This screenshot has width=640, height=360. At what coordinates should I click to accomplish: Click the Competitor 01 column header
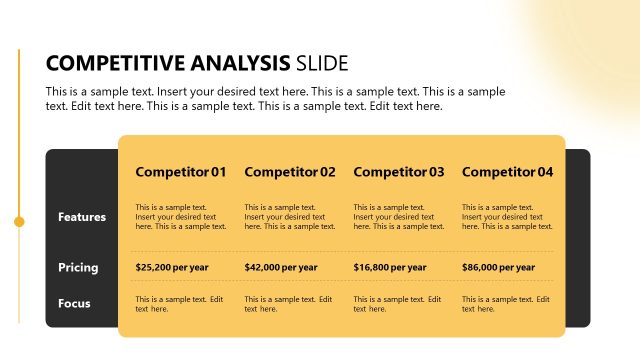click(x=181, y=172)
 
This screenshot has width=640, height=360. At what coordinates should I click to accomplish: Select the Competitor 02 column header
click(x=290, y=172)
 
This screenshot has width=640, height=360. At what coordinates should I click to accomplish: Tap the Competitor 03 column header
click(x=399, y=172)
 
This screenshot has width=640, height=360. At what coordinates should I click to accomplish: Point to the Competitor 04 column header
click(x=507, y=172)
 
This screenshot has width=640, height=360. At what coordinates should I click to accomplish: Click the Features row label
click(x=82, y=217)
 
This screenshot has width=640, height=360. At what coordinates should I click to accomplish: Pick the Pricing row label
click(x=78, y=267)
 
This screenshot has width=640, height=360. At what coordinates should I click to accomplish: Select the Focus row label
click(x=75, y=302)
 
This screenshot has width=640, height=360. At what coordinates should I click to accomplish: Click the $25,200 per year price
click(x=172, y=267)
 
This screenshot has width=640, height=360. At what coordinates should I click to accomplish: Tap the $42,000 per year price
click(x=281, y=267)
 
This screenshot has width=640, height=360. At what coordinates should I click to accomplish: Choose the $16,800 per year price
click(x=390, y=267)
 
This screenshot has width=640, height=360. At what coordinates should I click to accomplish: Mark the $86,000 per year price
click(x=498, y=267)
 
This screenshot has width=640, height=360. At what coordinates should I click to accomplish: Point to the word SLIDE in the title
click(x=322, y=64)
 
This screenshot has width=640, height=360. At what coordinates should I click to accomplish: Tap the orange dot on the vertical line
click(x=19, y=221)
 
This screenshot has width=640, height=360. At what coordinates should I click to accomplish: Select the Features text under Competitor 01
click(x=181, y=217)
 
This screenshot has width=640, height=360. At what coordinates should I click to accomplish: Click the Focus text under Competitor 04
click(x=505, y=304)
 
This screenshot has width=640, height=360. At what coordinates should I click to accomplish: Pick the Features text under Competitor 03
click(x=399, y=217)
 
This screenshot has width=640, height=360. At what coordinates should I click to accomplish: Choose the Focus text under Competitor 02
click(x=288, y=304)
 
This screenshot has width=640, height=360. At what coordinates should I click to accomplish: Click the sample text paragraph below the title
click(x=275, y=99)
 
